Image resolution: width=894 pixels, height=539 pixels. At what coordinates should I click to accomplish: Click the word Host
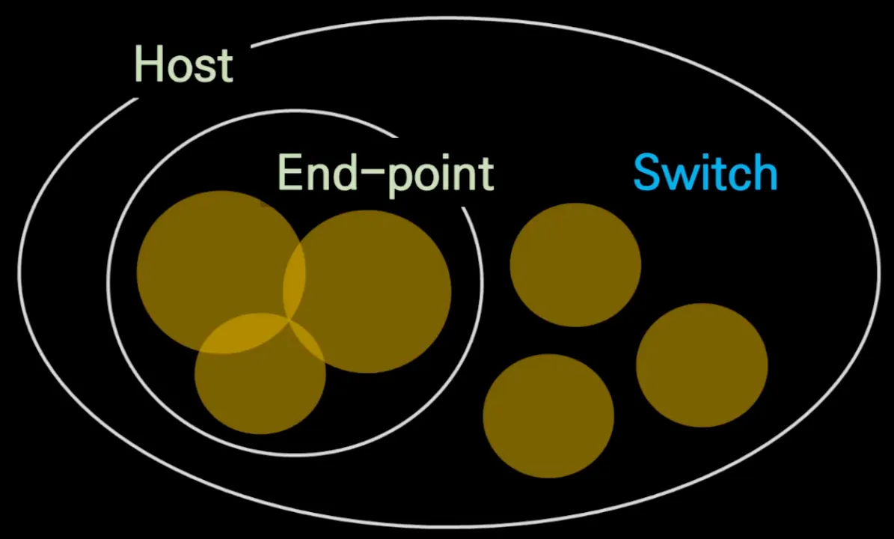[183, 65]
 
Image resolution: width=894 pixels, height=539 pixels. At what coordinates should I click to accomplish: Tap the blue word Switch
[705, 174]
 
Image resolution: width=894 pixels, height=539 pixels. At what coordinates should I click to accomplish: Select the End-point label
[385, 174]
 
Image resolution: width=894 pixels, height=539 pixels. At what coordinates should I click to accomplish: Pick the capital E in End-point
[290, 174]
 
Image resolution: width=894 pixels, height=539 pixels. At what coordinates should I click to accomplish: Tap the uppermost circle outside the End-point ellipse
[575, 264]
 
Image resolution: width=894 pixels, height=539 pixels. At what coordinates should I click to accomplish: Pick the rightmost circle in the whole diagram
[702, 365]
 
